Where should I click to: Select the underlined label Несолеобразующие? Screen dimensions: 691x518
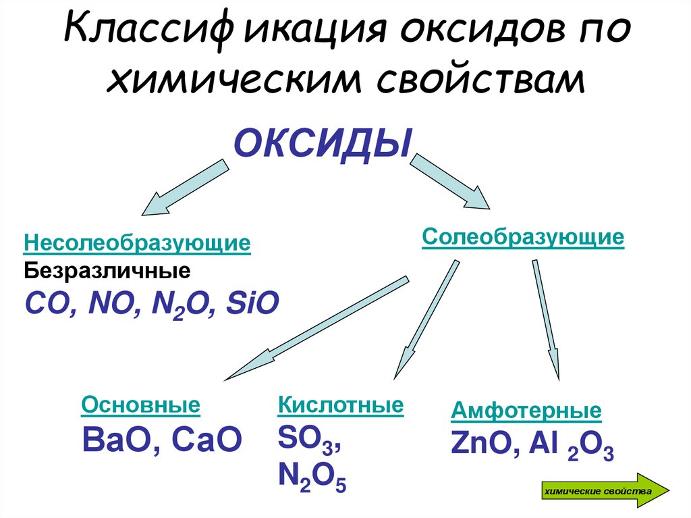[x=137, y=243]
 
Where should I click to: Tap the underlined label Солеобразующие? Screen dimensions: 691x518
[x=523, y=238]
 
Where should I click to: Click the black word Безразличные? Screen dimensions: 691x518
[x=108, y=272]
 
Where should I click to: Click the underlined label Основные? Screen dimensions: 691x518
[x=140, y=405]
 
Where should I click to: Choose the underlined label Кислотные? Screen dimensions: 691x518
[x=340, y=405]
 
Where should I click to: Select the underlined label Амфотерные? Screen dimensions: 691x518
[x=526, y=411]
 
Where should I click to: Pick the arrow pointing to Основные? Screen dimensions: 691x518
[x=316, y=328]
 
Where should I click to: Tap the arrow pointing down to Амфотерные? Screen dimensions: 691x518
[x=545, y=317]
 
